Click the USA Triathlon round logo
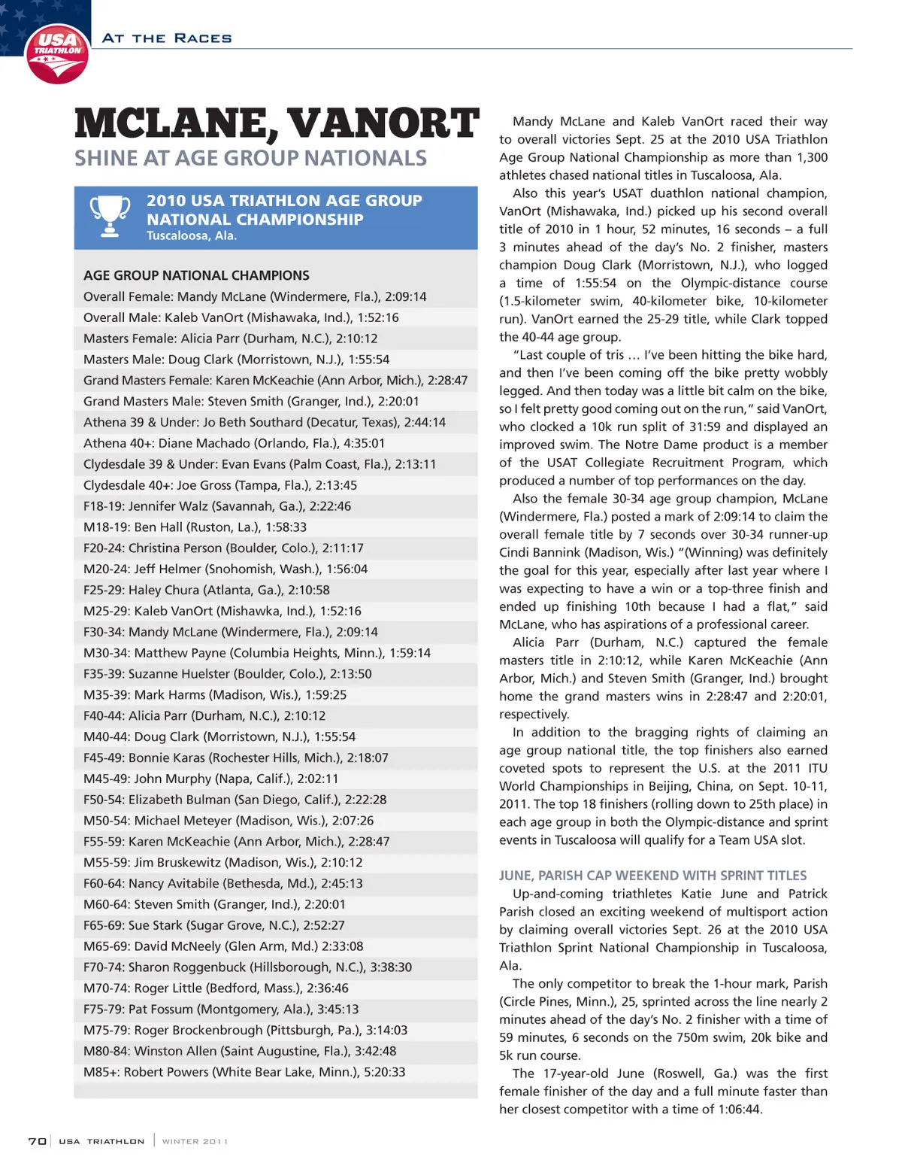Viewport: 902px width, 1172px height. [x=57, y=53]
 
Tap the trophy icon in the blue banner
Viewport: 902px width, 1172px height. [x=110, y=217]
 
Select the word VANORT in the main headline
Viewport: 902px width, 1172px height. [x=383, y=125]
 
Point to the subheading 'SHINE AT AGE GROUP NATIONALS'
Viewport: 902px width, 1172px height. [x=250, y=159]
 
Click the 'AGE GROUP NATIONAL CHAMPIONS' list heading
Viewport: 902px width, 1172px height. [x=196, y=275]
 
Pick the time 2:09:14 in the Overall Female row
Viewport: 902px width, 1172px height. [x=405, y=296]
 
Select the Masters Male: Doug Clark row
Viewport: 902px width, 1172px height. [x=236, y=360]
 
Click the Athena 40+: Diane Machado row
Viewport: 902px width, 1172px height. [x=234, y=443]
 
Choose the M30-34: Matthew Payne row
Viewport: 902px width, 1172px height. [x=257, y=653]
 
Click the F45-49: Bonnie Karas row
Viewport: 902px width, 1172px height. [x=236, y=758]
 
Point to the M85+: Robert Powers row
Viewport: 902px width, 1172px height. [x=244, y=1072]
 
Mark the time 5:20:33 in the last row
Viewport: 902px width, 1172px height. [x=384, y=1072]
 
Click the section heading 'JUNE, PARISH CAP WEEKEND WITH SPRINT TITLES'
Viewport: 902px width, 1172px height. [x=652, y=876]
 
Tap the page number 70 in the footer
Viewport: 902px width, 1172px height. [x=37, y=1141]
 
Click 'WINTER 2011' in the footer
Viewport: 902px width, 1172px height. [x=195, y=1141]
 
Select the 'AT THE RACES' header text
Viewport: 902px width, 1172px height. [x=167, y=38]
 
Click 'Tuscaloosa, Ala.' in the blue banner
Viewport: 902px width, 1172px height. [x=192, y=235]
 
